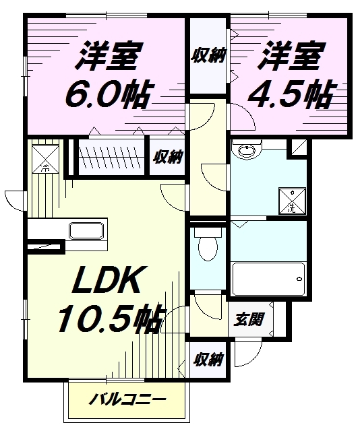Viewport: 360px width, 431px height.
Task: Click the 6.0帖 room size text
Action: click(x=108, y=94)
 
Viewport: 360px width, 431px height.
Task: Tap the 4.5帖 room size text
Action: click(x=289, y=94)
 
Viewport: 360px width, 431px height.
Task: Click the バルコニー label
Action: click(x=127, y=400)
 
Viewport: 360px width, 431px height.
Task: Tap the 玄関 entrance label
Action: click(x=249, y=319)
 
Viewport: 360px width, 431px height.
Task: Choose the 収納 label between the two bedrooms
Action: click(x=208, y=55)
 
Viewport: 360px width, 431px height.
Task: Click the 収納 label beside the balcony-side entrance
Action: click(x=208, y=360)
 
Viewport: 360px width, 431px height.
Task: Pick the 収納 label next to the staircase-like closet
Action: click(x=168, y=158)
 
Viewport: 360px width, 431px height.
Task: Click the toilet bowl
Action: click(x=208, y=244)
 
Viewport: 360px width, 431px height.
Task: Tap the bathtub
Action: click(x=268, y=279)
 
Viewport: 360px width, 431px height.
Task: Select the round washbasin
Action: click(x=247, y=149)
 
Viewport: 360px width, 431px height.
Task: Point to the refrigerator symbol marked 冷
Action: click(x=45, y=159)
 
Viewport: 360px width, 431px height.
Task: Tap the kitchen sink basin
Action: click(x=86, y=231)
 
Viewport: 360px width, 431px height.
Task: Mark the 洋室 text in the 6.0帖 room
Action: click(x=107, y=56)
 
